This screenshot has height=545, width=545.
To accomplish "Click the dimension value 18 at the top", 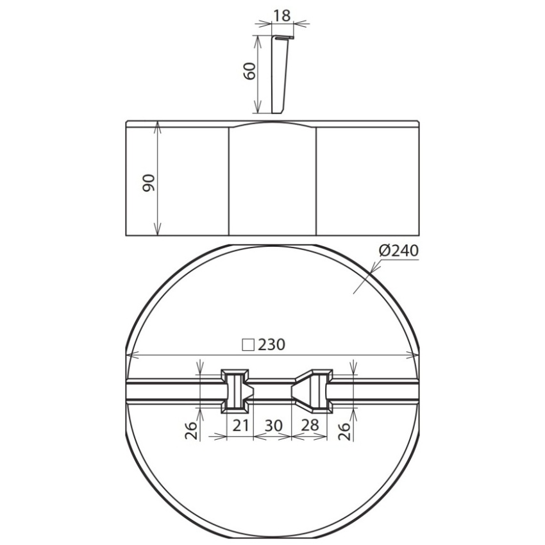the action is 281,15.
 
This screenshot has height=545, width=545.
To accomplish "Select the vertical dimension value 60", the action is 250,71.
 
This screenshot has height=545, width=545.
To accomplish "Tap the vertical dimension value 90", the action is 148,183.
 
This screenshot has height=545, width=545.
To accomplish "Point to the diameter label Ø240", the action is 399,250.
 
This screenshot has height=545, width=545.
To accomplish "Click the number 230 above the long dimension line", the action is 271,344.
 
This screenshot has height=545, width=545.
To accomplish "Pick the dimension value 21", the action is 241,425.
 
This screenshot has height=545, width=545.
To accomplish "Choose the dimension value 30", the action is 274,426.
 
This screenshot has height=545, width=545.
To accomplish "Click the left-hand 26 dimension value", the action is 191,431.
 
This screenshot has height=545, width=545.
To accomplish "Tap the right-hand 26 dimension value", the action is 344,432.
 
